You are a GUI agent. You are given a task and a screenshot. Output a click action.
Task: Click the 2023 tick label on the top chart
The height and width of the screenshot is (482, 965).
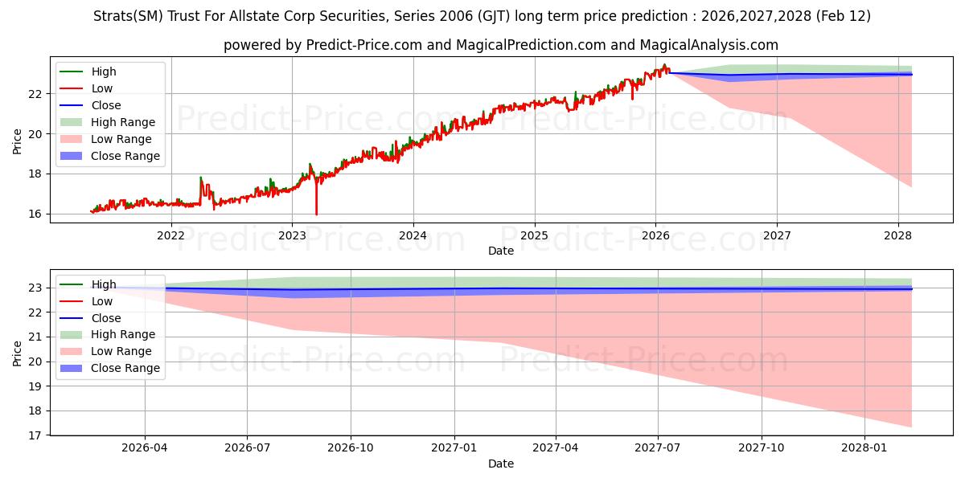click(x=292, y=235)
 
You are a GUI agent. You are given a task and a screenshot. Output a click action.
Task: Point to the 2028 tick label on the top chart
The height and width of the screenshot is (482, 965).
click(x=897, y=235)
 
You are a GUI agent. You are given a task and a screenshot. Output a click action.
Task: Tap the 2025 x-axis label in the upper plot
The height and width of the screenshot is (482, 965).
click(x=534, y=235)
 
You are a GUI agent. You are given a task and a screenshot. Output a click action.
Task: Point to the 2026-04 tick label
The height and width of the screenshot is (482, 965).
click(x=145, y=448)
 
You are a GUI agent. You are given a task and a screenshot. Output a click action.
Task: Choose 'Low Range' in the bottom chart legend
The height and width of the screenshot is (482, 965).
click(x=121, y=351)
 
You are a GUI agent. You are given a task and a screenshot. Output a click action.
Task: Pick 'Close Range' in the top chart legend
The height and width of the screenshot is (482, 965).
click(x=125, y=156)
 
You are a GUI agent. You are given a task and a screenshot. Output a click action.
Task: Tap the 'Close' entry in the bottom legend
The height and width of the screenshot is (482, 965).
click(x=106, y=318)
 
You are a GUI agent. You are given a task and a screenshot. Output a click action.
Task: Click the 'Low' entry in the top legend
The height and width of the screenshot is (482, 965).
click(x=102, y=88)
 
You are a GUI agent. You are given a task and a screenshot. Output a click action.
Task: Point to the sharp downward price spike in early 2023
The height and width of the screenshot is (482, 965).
click(x=316, y=213)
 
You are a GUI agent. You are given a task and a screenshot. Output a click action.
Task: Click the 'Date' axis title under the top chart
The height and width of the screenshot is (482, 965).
click(x=500, y=251)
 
